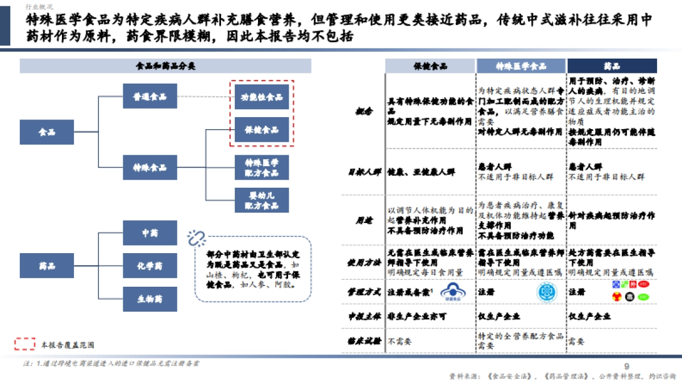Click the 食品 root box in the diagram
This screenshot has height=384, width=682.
[47, 132]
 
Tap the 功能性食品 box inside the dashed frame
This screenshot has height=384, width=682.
[261, 97]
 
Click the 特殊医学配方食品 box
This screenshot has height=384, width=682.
[261, 167]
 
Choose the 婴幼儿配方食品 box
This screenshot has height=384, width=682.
[261, 200]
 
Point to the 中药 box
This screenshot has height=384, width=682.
[150, 233]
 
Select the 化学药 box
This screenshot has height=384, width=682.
[150, 266]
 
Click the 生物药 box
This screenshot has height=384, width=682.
[150, 298]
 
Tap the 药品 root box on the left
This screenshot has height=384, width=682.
[47, 266]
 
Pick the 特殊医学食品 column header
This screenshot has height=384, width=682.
[521, 66]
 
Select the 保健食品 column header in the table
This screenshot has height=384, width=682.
[430, 66]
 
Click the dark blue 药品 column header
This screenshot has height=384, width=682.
[612, 66]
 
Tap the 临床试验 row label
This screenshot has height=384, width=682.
[363, 341]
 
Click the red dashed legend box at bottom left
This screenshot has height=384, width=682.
[25, 344]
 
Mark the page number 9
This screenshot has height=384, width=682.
[627, 366]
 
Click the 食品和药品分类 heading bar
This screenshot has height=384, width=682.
[165, 66]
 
